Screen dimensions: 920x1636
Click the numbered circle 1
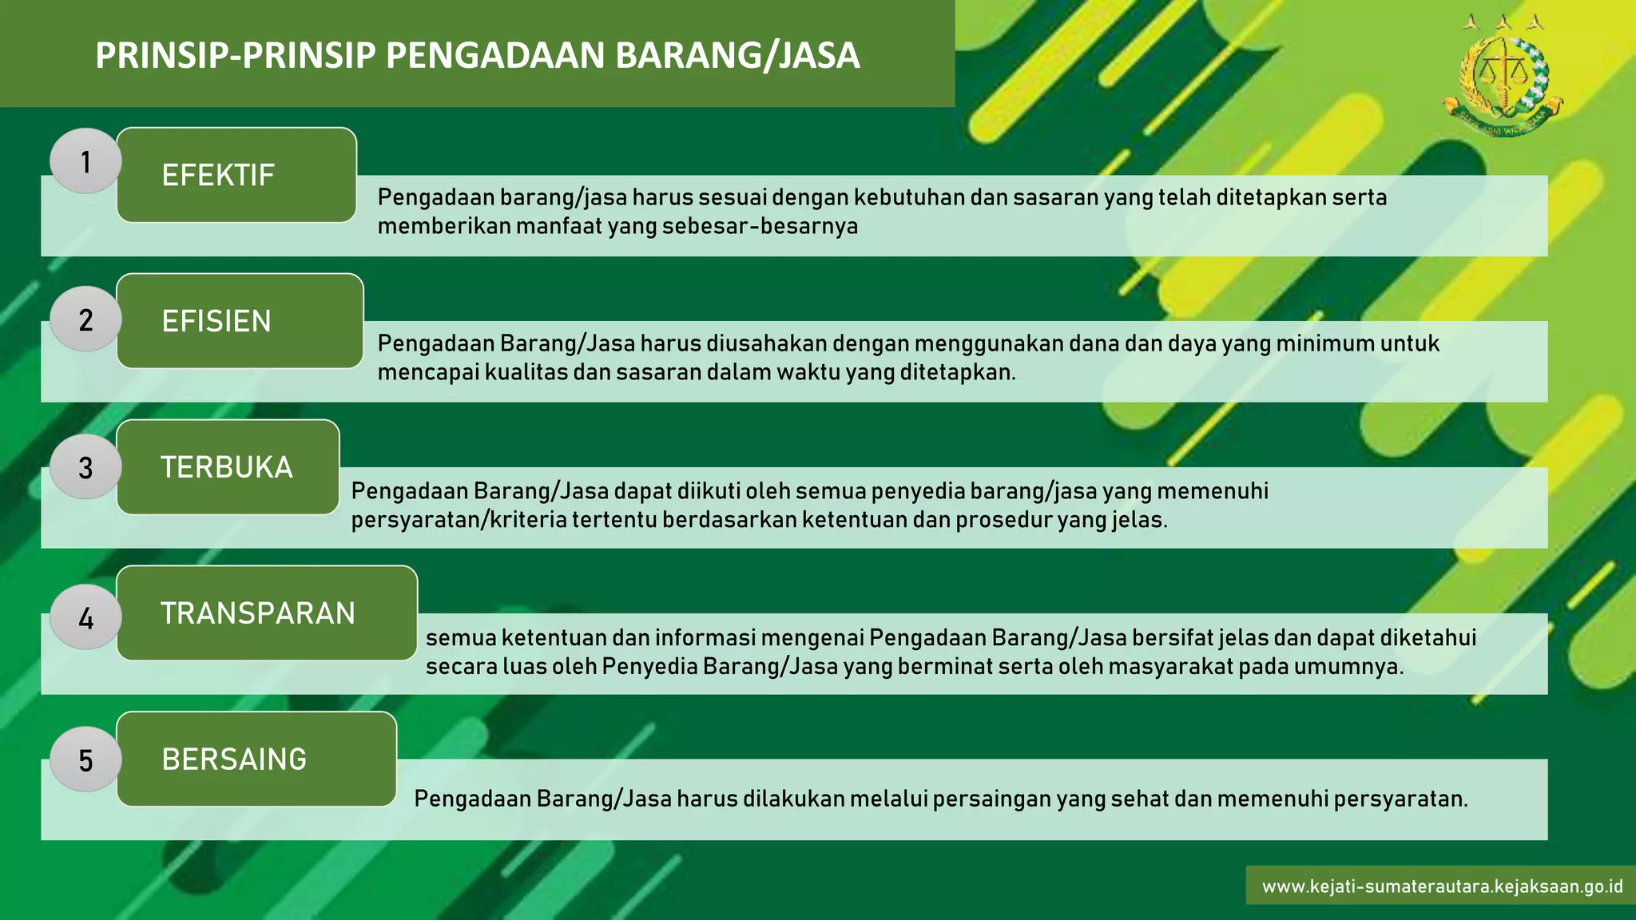coord(85,161)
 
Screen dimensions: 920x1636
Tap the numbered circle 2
coord(85,319)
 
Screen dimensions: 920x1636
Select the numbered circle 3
coord(85,467)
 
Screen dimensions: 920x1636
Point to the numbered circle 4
coord(85,617)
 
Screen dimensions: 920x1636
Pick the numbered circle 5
coord(85,759)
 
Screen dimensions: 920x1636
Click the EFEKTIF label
coord(218,175)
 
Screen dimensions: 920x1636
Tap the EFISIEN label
coord(216,321)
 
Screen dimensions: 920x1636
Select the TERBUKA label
coord(227,467)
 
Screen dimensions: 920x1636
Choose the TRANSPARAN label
coord(258,613)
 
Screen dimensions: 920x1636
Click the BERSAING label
coord(234,759)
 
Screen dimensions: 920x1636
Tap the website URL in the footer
coord(1442,886)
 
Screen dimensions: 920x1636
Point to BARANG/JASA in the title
coord(737,56)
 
